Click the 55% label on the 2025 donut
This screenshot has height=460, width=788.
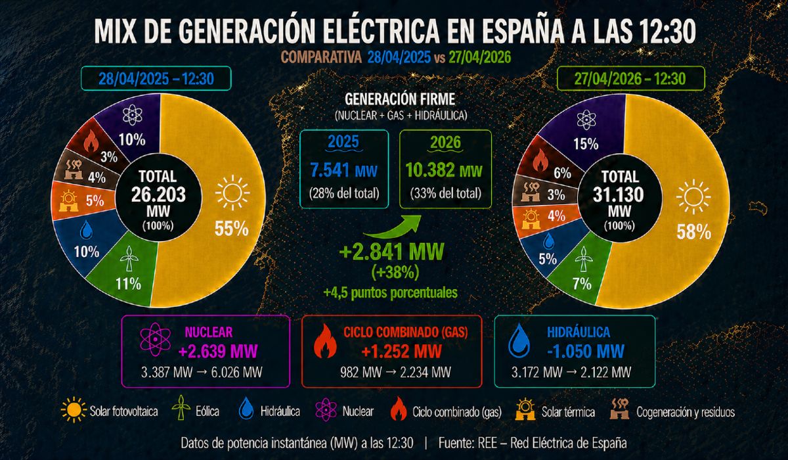pyautogui.click(x=231, y=229)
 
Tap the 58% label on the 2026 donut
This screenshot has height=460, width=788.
pyautogui.click(x=694, y=231)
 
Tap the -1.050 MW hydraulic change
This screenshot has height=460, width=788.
pyautogui.click(x=584, y=349)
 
